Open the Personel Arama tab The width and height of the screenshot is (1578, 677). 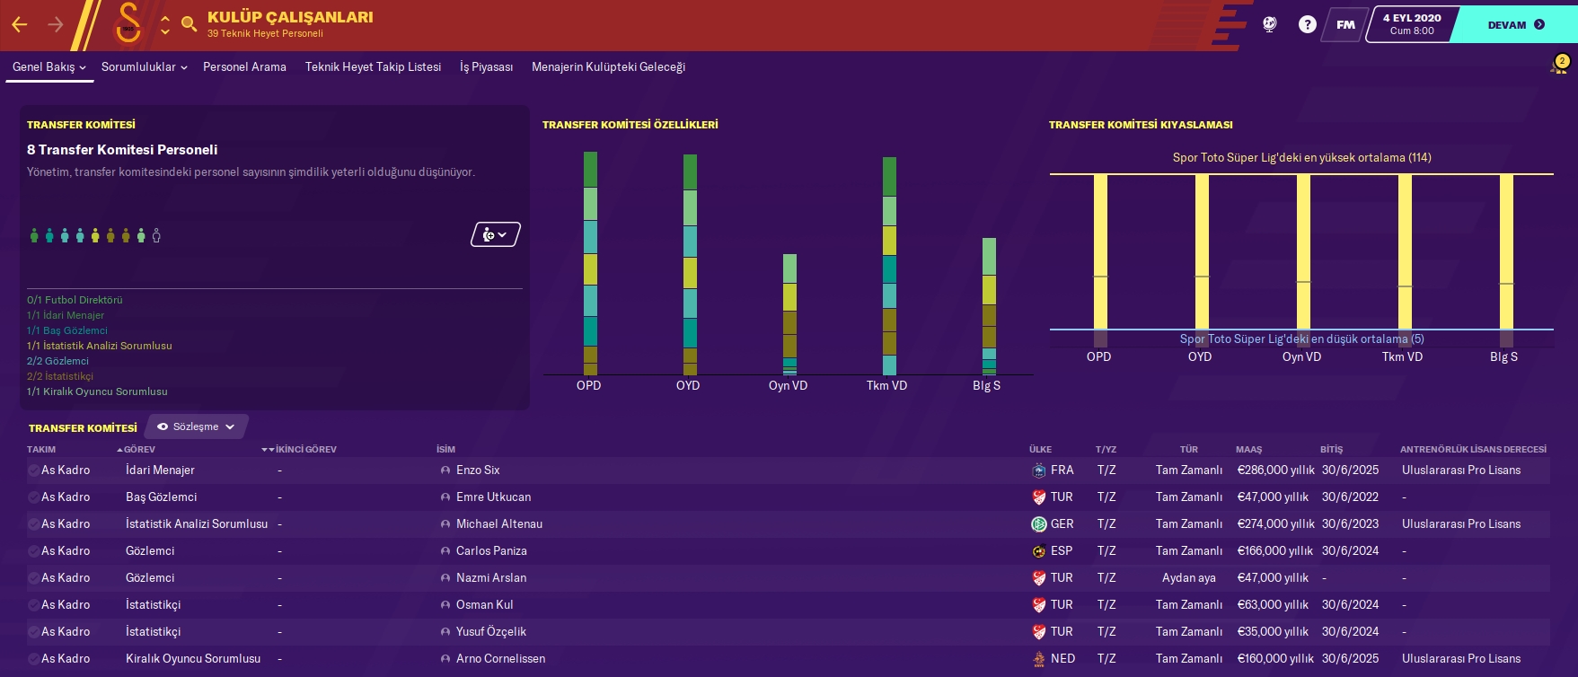point(244,66)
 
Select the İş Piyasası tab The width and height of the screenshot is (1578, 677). point(486,66)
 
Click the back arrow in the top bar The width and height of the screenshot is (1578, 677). point(20,25)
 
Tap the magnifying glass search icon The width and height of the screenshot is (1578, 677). point(189,24)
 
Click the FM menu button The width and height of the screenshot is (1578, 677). point(1344,25)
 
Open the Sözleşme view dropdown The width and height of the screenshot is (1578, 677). point(196,426)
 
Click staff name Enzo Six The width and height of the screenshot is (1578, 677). point(478,470)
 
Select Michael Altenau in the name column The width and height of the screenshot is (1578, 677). point(498,523)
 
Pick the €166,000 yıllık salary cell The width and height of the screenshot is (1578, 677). point(1274,550)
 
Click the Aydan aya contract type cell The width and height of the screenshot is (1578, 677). point(1188,577)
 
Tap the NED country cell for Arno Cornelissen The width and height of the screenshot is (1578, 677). point(1062,658)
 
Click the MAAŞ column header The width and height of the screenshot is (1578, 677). point(1248,449)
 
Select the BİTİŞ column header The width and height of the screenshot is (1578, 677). point(1331,449)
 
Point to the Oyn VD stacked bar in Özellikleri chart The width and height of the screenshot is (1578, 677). point(789,314)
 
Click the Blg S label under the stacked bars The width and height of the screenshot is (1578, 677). point(986,385)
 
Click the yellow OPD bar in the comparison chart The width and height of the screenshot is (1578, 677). point(1100,251)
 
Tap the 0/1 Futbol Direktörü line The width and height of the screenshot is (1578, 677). point(75,300)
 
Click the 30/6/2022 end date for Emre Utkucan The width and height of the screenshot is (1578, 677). point(1349,497)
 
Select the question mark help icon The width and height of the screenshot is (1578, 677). point(1307,25)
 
